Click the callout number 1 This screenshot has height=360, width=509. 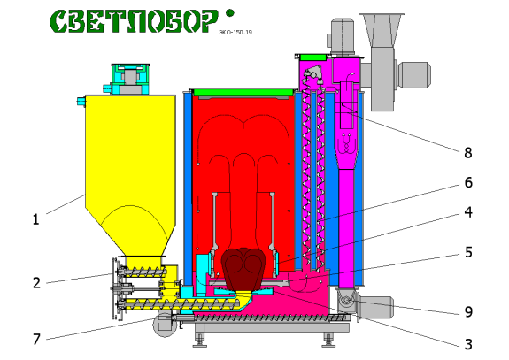click(36, 219)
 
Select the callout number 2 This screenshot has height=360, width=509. click(36, 283)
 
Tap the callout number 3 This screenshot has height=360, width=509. click(468, 344)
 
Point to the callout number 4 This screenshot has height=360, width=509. click(468, 212)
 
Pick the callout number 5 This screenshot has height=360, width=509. click(468, 252)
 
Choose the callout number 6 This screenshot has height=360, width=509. click(468, 182)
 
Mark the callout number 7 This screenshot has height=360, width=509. click(36, 340)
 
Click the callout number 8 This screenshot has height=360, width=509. click(467, 152)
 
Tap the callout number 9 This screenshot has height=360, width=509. click(468, 311)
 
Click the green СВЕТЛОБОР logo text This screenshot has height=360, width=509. click(135, 21)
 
